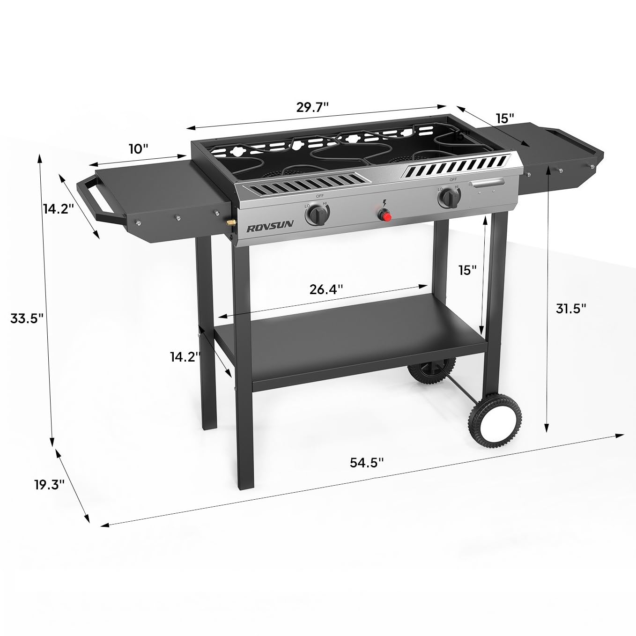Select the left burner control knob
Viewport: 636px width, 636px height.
(x=316, y=215)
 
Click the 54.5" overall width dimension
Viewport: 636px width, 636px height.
(x=367, y=462)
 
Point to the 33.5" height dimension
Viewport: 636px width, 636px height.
(x=27, y=318)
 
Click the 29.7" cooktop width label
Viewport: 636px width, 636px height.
(x=313, y=107)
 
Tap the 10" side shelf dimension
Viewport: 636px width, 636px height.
(x=138, y=149)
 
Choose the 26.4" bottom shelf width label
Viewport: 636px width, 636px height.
(x=326, y=289)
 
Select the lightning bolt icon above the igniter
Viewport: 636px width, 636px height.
(x=385, y=204)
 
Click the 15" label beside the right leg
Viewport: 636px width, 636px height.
(x=467, y=270)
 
